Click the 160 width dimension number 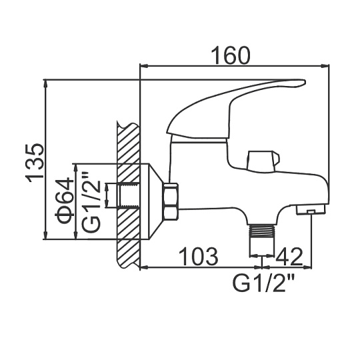click(x=231, y=55)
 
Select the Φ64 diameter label click(x=65, y=200)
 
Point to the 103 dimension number click(x=199, y=257)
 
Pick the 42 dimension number click(x=289, y=257)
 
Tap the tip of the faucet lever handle click(x=305, y=83)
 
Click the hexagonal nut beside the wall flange click(x=171, y=201)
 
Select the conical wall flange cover click(x=155, y=201)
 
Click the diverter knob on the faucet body click(x=263, y=161)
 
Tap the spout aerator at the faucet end click(x=311, y=210)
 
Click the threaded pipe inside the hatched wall click(x=129, y=195)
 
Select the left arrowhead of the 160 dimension click(x=144, y=67)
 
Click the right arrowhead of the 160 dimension click(x=325, y=67)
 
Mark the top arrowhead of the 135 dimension click(x=46, y=83)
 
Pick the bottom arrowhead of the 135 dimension click(x=46, y=235)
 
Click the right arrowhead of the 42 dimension click(x=307, y=267)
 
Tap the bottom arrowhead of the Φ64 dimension click(x=75, y=235)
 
